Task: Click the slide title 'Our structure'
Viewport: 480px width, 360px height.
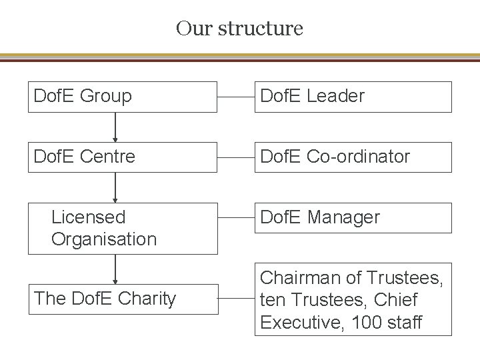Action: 239,29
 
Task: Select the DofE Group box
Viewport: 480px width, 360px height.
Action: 123,97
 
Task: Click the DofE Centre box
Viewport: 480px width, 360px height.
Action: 123,157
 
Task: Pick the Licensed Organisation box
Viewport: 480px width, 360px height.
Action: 123,228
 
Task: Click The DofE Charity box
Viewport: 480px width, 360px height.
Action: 123,298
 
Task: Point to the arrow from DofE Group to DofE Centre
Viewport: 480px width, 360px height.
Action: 116,127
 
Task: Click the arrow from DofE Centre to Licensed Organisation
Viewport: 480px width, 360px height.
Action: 116,187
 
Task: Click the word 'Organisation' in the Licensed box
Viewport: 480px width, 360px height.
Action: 104,239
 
